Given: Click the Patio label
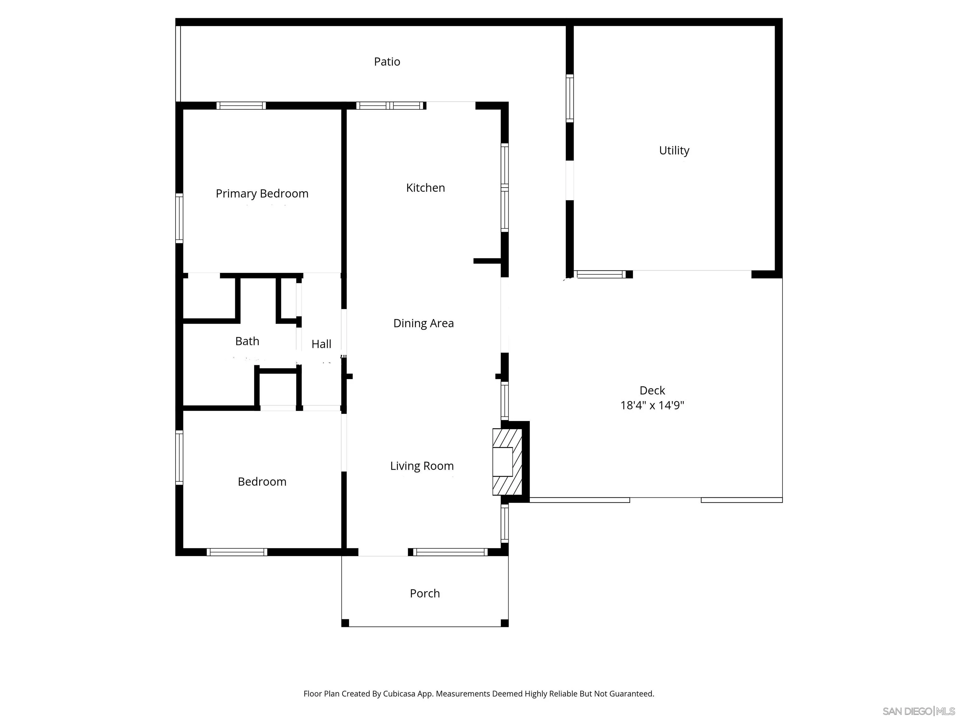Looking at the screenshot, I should [x=387, y=62].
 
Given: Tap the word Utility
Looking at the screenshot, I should [x=674, y=151].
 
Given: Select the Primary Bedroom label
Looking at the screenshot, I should [x=262, y=194].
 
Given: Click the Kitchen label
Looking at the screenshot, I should [x=425, y=188].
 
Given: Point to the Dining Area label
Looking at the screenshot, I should [x=423, y=323].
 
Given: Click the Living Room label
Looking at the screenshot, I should [x=422, y=466].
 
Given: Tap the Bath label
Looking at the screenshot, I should [x=247, y=342].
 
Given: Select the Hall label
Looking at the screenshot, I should [x=321, y=344].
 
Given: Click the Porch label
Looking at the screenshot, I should [x=424, y=593].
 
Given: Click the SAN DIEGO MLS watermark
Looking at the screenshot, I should [x=918, y=711].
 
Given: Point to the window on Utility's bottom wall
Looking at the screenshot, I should [x=601, y=274].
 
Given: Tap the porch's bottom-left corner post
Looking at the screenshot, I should [x=345, y=623].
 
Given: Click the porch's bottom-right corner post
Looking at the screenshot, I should [x=504, y=623].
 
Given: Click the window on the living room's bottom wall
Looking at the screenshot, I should [x=450, y=552].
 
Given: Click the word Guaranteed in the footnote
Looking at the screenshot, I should [x=631, y=694].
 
